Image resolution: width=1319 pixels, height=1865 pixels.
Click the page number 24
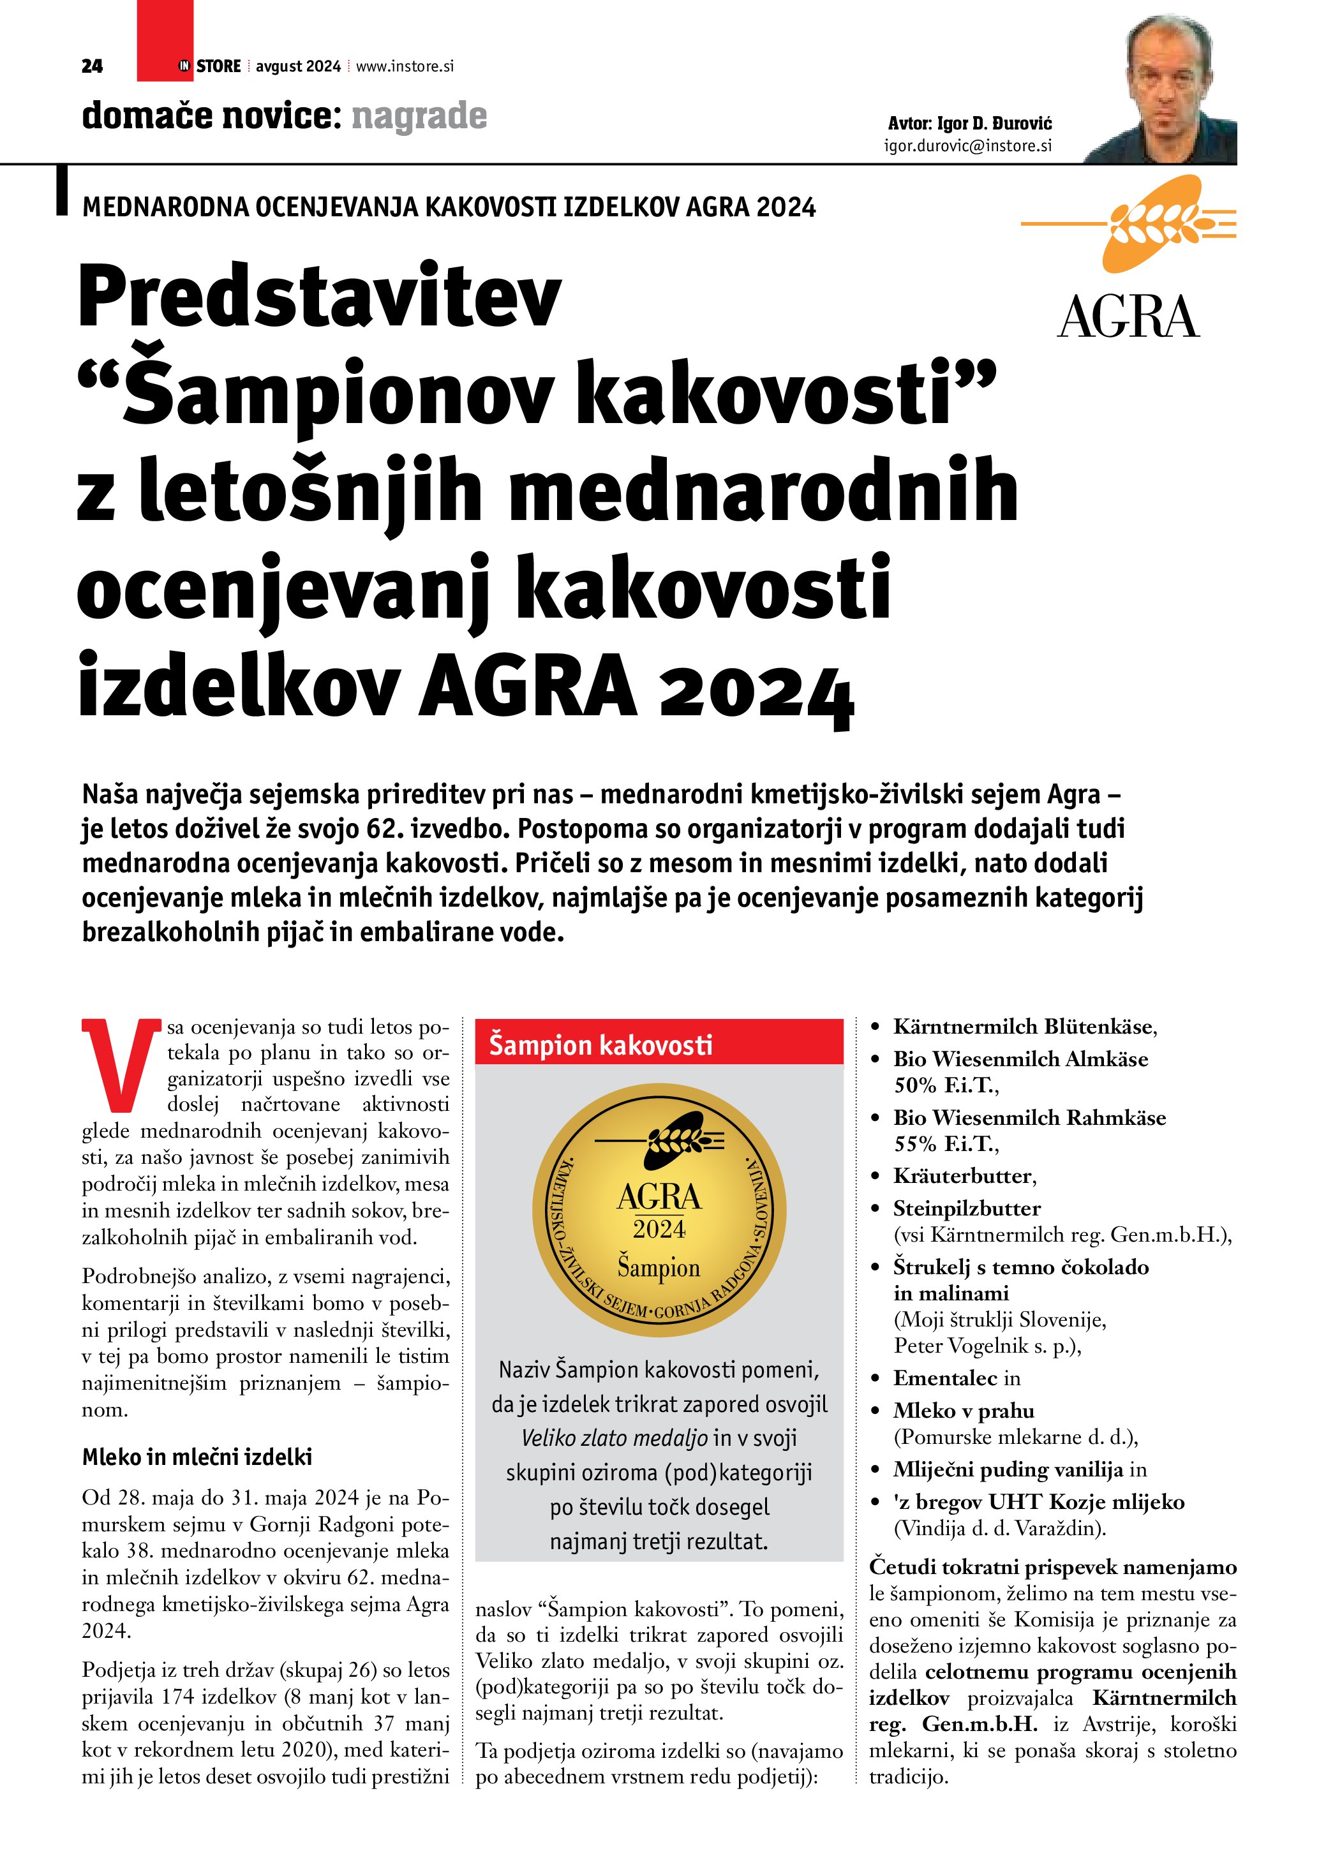coord(92,66)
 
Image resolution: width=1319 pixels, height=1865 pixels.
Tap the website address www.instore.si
coord(405,66)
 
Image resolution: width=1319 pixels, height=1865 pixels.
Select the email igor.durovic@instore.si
coord(967,146)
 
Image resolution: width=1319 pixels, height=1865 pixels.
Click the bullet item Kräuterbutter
coord(964,1176)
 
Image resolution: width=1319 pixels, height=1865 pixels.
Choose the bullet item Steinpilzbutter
coord(967,1208)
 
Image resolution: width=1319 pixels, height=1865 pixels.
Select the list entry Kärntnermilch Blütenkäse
coord(1024,1027)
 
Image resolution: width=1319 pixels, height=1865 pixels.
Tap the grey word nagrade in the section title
coord(419,116)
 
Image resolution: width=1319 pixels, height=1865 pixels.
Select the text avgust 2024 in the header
coord(298,66)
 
